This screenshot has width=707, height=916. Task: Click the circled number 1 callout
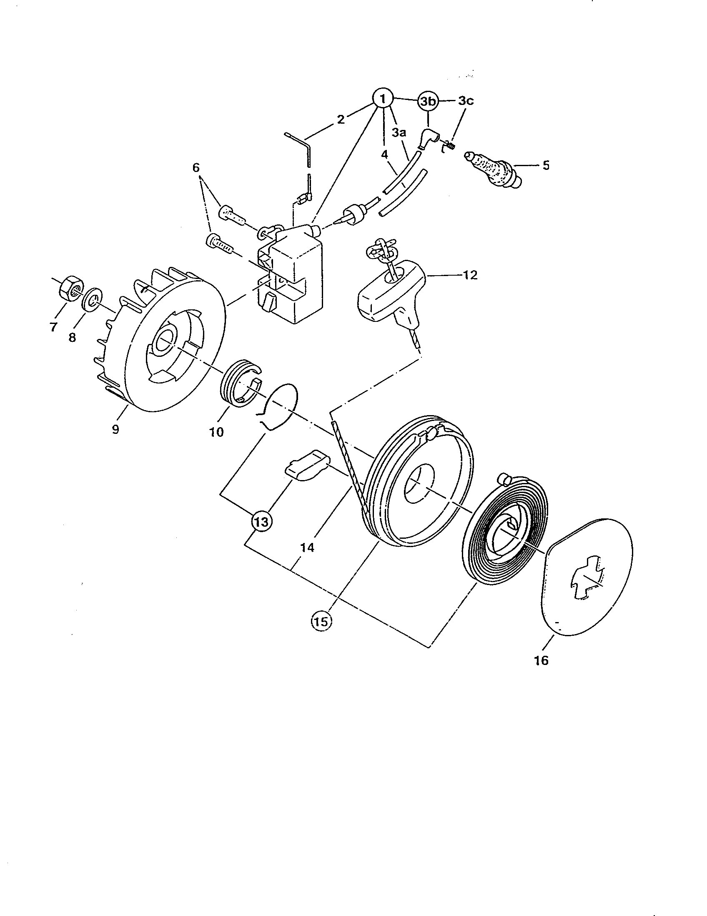click(382, 100)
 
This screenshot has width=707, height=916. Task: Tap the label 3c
click(466, 101)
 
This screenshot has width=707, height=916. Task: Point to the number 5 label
click(545, 165)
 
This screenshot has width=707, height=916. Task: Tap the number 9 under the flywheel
click(115, 430)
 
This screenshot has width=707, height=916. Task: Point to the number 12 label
click(470, 275)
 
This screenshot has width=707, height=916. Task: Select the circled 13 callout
click(261, 522)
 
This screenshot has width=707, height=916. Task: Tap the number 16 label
click(541, 661)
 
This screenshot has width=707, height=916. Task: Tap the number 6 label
click(196, 168)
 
